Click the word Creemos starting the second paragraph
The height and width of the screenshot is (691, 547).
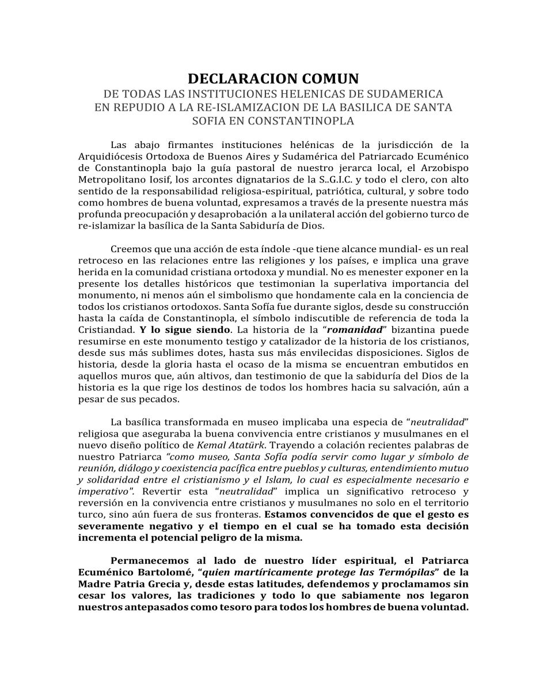[131, 249]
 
